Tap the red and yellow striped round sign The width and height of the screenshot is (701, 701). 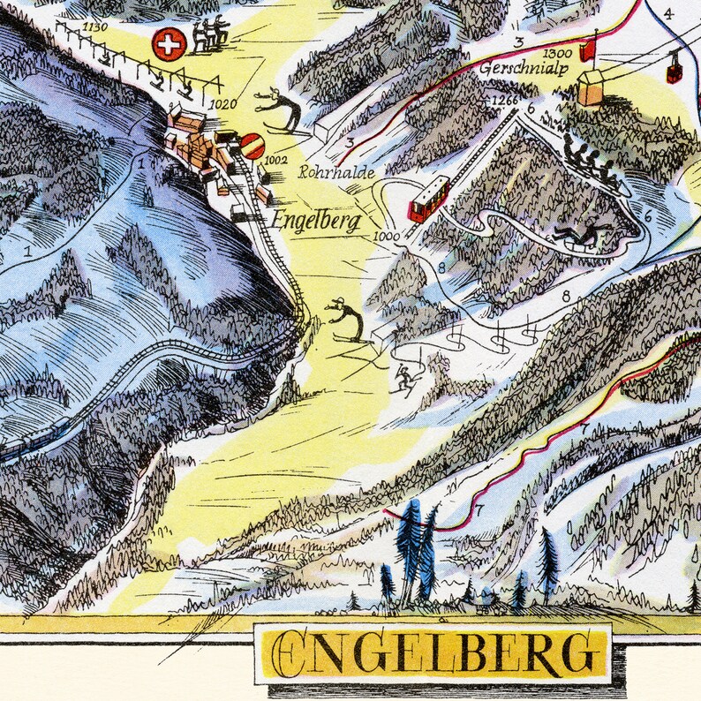pyautogui.click(x=253, y=146)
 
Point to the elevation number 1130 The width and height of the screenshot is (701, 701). pyautogui.click(x=94, y=27)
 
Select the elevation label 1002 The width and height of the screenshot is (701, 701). pyautogui.click(x=276, y=160)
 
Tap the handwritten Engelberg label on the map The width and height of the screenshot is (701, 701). pyautogui.click(x=316, y=219)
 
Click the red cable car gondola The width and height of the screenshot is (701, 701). pyautogui.click(x=675, y=72)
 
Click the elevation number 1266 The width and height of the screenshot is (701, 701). pyautogui.click(x=502, y=101)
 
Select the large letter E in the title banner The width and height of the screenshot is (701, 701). pyautogui.click(x=291, y=654)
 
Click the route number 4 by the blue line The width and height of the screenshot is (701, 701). pyautogui.click(x=668, y=13)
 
